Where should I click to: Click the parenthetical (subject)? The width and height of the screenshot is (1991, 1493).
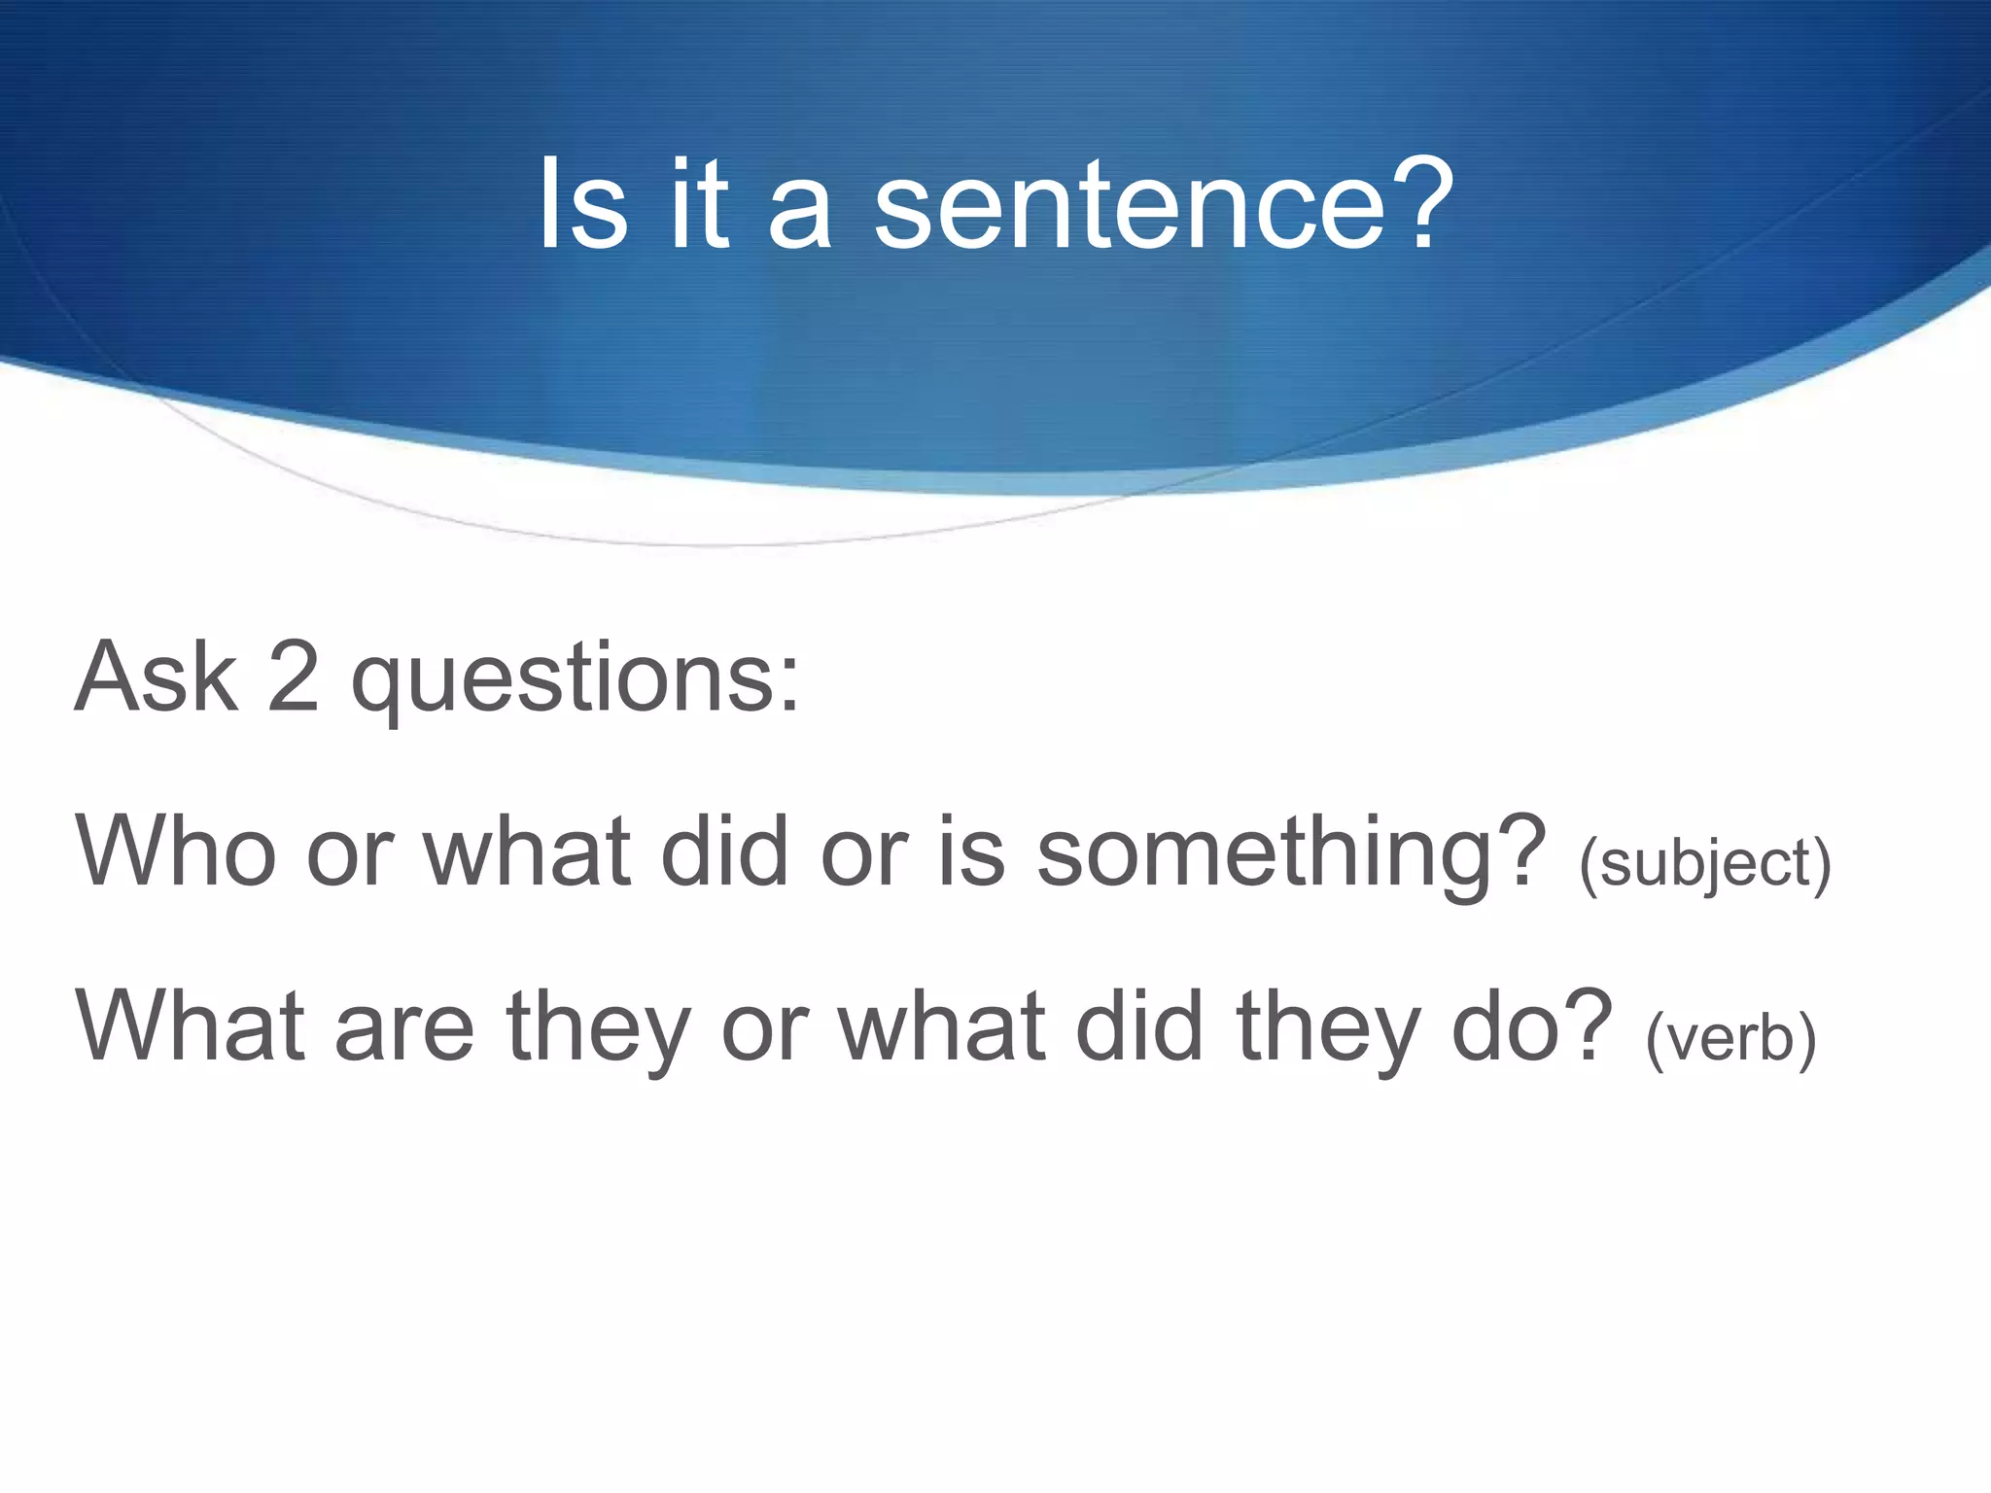[1704, 863]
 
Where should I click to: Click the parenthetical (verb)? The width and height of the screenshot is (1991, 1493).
[1730, 1037]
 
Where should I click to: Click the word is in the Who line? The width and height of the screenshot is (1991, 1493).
[971, 851]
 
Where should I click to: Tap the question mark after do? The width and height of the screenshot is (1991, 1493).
[1589, 1024]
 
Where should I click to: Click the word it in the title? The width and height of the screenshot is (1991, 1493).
[699, 204]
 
